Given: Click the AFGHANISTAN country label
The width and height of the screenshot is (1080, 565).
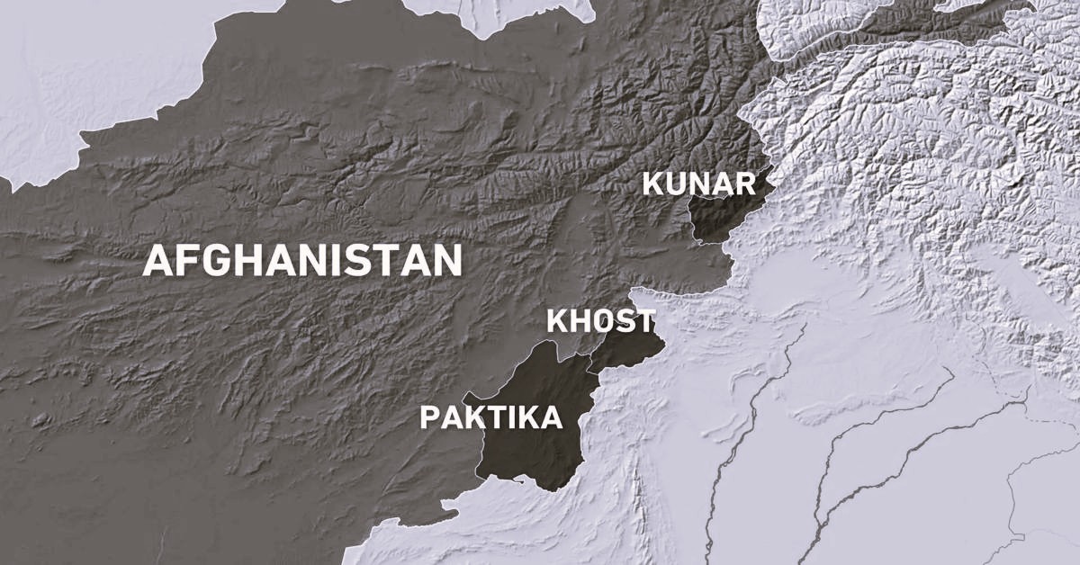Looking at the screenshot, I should tap(302, 261).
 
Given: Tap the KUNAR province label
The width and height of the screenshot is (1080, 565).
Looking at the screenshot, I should tap(698, 184).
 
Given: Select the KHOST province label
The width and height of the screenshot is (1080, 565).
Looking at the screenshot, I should tap(600, 321).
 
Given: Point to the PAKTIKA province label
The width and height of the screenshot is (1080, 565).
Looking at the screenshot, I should tap(491, 417).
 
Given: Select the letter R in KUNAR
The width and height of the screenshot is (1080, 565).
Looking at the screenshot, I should tap(745, 184).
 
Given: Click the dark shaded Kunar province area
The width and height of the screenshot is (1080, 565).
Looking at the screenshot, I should tap(720, 216).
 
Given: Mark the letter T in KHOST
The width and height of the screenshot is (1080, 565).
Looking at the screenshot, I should tap(643, 321).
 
